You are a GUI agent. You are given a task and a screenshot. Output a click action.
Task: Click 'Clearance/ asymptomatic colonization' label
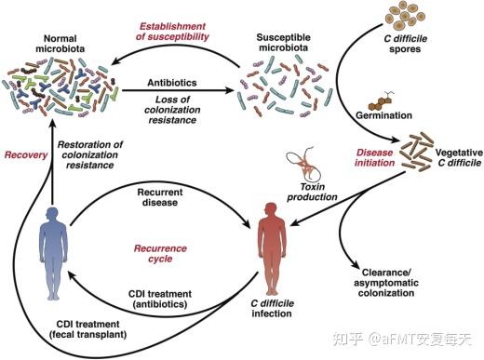(383, 283)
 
